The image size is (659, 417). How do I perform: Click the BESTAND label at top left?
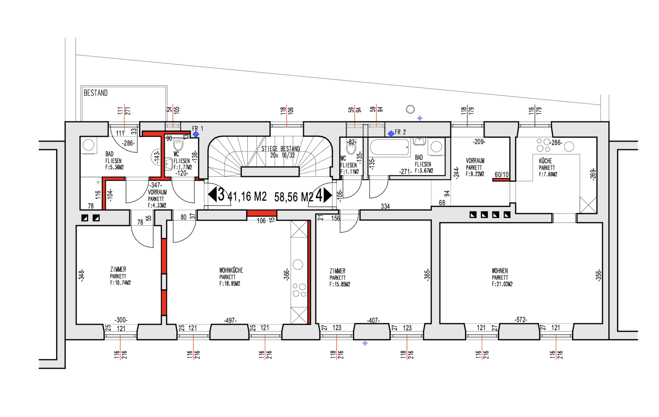pyautogui.click(x=95, y=93)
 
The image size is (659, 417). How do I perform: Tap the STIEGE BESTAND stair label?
pyautogui.click(x=281, y=149)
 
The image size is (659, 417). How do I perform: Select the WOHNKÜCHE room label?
pyautogui.click(x=231, y=270)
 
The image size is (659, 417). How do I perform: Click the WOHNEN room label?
pyautogui.click(x=500, y=271)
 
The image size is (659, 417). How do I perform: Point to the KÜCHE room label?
pyautogui.click(x=545, y=161)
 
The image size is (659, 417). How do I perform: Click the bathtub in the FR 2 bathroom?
pyautogui.click(x=390, y=147)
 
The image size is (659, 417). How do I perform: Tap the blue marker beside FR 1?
pyautogui.click(x=196, y=134)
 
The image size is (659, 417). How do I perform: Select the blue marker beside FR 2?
pyautogui.click(x=391, y=134)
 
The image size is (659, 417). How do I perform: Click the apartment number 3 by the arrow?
pyautogui.click(x=221, y=195)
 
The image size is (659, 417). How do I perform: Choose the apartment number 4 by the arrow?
pyautogui.click(x=319, y=195)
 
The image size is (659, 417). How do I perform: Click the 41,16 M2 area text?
pyautogui.click(x=247, y=197)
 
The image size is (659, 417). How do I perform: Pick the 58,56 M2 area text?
pyautogui.click(x=293, y=197)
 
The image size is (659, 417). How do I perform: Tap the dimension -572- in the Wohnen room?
pyautogui.click(x=521, y=320)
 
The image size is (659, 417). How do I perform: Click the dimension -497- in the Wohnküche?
pyautogui.click(x=230, y=320)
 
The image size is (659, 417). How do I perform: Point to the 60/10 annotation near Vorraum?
pyautogui.click(x=502, y=175)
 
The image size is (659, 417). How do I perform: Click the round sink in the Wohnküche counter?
pyautogui.click(x=298, y=264)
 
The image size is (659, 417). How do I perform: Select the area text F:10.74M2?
pyautogui.click(x=121, y=283)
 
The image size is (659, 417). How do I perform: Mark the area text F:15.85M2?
pyautogui.click(x=340, y=285)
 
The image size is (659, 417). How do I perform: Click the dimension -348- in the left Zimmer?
pyautogui.click(x=81, y=275)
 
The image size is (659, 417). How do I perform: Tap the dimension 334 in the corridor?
pyautogui.click(x=385, y=207)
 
